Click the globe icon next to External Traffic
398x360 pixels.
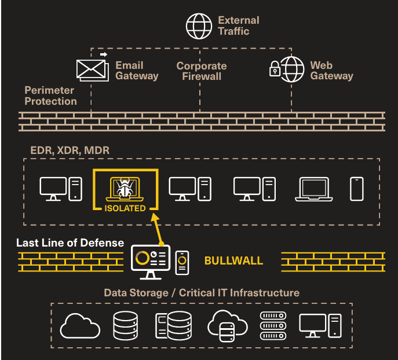point(199,25)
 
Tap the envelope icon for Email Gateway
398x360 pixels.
point(93,69)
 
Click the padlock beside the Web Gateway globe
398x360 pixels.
point(275,71)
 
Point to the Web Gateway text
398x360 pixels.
point(331,71)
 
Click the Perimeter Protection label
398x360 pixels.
point(50,95)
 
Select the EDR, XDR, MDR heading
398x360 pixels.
point(70,150)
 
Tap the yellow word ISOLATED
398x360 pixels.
point(125,208)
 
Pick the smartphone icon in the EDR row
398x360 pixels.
point(357,189)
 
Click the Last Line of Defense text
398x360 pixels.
point(70,243)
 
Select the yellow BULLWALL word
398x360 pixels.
point(233,260)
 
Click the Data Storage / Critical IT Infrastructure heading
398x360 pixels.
point(202,293)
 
